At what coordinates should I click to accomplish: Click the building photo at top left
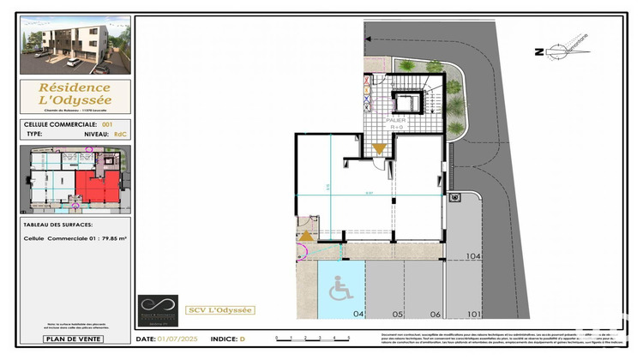point(75,45)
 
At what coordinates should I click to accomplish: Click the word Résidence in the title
point(75,87)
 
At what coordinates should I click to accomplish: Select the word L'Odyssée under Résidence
point(75,101)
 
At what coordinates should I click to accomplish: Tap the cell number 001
point(106,124)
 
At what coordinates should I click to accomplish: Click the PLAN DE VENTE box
point(75,339)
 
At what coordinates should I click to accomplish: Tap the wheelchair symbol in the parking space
point(340,289)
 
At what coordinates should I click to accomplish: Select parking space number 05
point(398,315)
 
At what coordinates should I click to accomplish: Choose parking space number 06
point(436,315)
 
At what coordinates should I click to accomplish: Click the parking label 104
point(473,255)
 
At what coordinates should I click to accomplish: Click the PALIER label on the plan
point(396,121)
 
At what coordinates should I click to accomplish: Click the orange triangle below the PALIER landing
point(379,149)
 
